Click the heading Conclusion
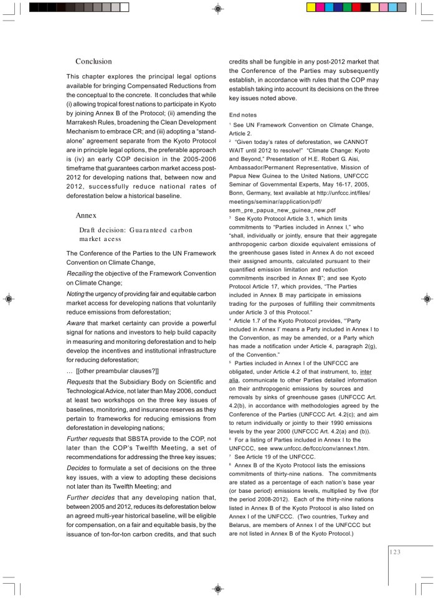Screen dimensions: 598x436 tap(93, 62)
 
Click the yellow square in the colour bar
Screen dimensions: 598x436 tap(312, 7)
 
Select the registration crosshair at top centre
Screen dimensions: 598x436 tap(218, 8)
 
